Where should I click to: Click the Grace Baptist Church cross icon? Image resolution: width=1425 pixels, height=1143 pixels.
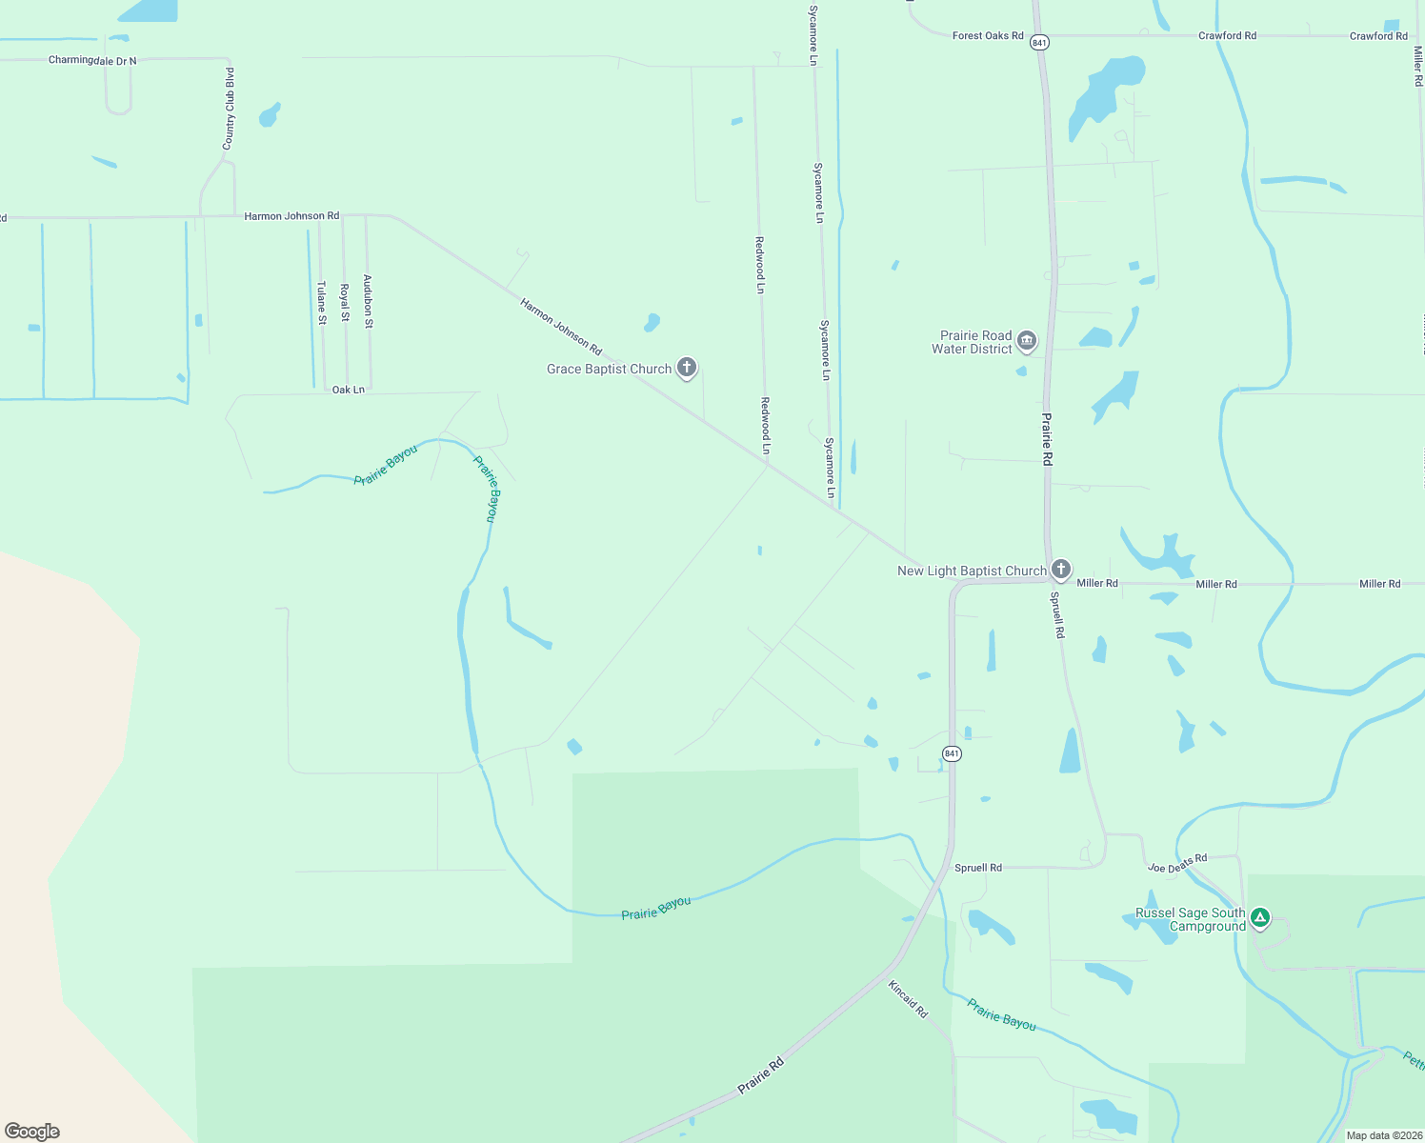click(687, 368)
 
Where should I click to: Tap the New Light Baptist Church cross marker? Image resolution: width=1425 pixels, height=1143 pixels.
click(1061, 570)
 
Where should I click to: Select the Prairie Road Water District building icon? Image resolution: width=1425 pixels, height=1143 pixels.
click(1027, 341)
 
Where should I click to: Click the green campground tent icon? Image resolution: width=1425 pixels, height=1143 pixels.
click(1260, 918)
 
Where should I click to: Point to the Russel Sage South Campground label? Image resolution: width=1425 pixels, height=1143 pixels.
click(1190, 919)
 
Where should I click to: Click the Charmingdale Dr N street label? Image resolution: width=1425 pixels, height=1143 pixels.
click(92, 61)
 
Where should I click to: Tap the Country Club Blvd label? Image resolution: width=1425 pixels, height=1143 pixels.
click(229, 109)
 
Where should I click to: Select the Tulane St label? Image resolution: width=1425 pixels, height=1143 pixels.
click(322, 303)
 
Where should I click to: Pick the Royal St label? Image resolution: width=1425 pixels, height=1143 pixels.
click(345, 302)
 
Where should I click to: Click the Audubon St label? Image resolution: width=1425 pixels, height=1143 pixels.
click(369, 302)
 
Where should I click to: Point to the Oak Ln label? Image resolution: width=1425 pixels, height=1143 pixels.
click(349, 390)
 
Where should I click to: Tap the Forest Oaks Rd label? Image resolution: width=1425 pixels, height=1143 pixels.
click(988, 36)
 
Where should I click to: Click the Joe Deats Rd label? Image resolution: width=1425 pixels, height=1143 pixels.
click(1177, 864)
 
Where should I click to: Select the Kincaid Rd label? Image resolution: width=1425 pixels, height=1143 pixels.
click(908, 999)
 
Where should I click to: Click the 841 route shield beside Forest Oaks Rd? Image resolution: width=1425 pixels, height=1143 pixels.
click(1039, 43)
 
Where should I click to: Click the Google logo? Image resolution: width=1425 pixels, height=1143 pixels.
click(32, 1132)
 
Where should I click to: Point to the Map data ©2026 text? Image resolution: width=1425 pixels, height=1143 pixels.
click(1384, 1135)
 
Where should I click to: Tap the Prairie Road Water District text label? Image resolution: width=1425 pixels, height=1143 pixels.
click(972, 342)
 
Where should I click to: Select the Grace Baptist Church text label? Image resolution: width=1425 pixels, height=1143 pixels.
click(609, 369)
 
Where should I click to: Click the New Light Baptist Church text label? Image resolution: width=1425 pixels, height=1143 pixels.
click(972, 571)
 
